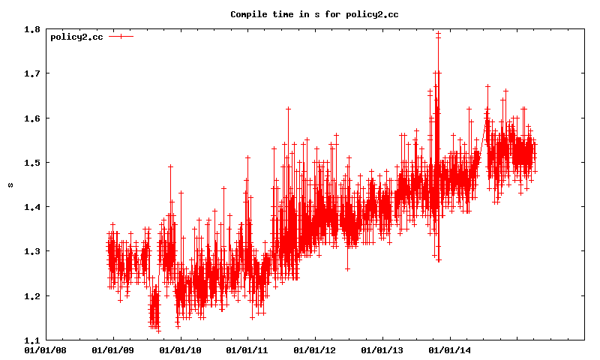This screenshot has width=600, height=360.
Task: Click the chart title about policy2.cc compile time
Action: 314,14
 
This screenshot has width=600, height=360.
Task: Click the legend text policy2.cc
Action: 76,37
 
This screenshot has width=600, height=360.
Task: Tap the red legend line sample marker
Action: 120,37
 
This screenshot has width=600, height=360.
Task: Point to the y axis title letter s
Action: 10,184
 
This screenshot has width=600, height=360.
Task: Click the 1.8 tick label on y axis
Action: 31,29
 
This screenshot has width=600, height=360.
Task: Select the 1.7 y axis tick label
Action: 31,73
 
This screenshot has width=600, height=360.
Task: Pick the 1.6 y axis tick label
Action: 31,118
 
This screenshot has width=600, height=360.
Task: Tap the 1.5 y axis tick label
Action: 31,162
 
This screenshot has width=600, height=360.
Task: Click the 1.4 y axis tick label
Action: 31,206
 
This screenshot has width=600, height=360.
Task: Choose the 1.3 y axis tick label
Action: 31,251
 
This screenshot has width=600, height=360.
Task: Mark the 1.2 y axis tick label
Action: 31,295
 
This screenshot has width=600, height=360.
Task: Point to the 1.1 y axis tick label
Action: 31,340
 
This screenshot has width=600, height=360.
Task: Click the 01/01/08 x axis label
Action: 45,349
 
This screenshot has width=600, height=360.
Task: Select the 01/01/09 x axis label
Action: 112,349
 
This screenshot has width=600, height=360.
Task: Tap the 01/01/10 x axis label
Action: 180,349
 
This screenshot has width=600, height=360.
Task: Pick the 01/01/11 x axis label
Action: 247,349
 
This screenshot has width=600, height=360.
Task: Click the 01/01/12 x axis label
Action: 315,349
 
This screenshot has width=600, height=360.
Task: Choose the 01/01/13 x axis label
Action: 382,349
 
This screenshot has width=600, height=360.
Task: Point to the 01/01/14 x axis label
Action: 450,349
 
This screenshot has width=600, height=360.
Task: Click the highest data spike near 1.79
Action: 438,33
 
